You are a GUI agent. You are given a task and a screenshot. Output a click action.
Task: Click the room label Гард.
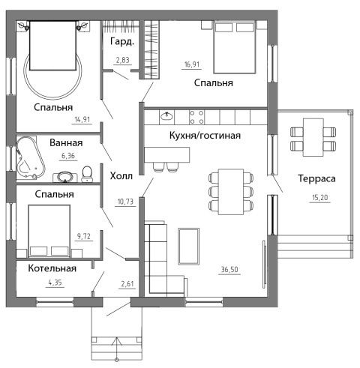122,42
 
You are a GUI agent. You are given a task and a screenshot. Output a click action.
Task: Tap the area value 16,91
192,64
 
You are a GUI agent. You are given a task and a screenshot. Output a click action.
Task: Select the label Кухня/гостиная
205,136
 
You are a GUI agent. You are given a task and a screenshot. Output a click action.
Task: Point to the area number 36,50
229,270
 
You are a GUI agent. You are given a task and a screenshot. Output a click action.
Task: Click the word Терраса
316,178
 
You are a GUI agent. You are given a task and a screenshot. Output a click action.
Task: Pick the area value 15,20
320,198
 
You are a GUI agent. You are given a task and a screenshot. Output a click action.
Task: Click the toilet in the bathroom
87,174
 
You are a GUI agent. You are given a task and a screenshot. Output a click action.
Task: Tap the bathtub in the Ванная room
29,158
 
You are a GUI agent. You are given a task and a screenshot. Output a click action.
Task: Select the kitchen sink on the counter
166,117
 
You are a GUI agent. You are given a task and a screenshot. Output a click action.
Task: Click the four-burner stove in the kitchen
196,117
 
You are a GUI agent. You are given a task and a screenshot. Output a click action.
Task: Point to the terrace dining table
313,137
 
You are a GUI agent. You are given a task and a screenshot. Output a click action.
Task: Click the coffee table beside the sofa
188,246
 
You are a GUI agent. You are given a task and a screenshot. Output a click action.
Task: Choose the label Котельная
52,268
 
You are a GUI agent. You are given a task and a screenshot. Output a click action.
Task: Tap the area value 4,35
55,283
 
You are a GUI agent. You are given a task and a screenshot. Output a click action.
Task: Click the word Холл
121,176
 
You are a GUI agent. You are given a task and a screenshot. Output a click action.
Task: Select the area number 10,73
125,202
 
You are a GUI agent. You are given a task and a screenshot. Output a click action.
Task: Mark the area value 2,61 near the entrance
127,284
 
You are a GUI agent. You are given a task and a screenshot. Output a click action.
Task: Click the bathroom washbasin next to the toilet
65,177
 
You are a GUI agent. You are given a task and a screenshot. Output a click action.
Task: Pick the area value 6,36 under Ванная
68,156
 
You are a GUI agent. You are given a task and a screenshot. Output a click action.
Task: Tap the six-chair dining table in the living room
231,192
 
